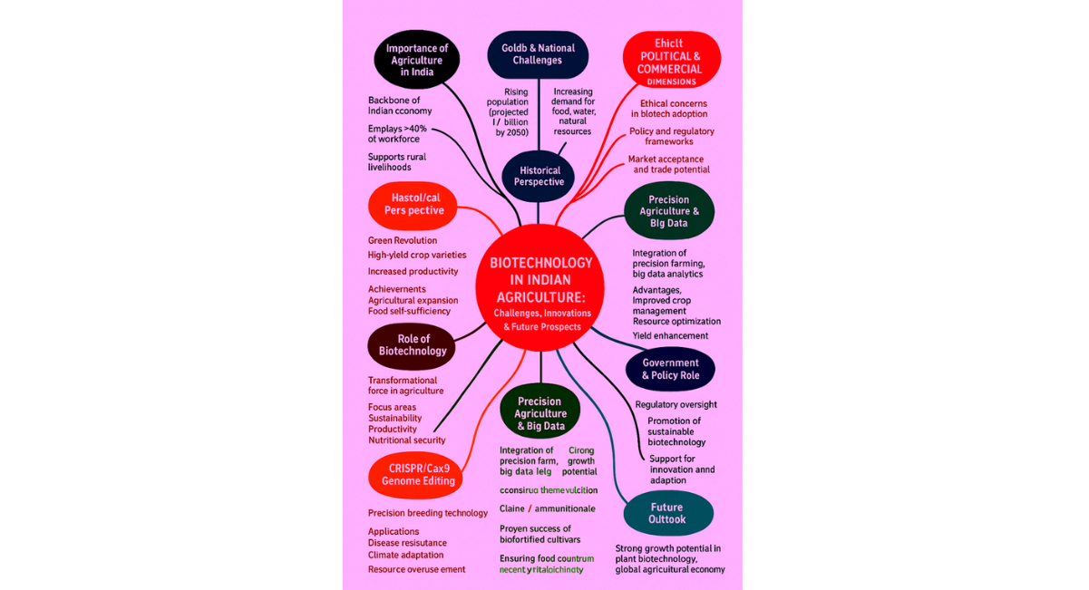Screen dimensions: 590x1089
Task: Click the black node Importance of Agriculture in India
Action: [416, 60]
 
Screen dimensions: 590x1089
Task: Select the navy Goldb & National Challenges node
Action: [538, 54]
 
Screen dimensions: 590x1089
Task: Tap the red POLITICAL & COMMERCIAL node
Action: [671, 60]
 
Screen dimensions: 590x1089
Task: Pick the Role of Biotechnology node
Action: [412, 345]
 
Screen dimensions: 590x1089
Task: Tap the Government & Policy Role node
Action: [670, 369]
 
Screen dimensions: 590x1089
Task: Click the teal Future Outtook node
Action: [667, 514]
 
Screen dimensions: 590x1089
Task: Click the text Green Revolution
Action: [403, 240]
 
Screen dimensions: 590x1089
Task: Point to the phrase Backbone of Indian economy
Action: [400, 105]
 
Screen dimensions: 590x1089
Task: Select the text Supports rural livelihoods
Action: [397, 162]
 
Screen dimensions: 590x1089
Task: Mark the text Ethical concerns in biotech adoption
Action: [674, 109]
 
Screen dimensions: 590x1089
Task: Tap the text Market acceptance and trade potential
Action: [669, 164]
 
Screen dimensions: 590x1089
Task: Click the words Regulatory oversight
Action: [676, 404]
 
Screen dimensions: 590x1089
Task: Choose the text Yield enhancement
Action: [670, 335]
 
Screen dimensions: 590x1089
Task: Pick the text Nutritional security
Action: [407, 440]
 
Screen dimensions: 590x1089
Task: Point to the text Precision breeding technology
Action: [428, 513]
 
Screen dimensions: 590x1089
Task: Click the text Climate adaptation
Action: [406, 555]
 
